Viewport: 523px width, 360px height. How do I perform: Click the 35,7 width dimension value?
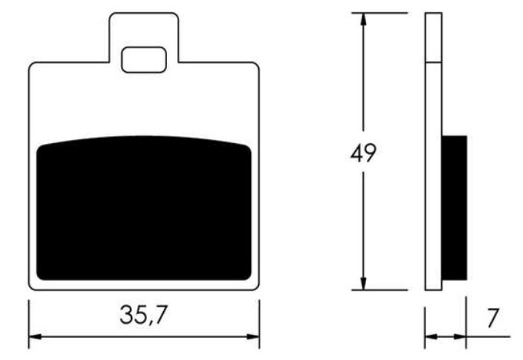142,315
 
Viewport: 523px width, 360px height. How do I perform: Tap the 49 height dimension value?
363,152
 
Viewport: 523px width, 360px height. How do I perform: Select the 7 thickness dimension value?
493,318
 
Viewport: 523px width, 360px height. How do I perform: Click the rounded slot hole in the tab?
144,60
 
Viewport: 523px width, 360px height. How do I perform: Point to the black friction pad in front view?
144,208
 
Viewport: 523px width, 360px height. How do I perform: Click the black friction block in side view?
454,208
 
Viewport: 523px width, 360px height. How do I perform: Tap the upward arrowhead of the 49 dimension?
363,19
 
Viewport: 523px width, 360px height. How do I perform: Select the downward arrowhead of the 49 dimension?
363,283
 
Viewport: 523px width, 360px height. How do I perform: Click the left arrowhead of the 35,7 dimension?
35,337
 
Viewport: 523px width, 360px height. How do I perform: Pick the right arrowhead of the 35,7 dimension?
253,337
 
